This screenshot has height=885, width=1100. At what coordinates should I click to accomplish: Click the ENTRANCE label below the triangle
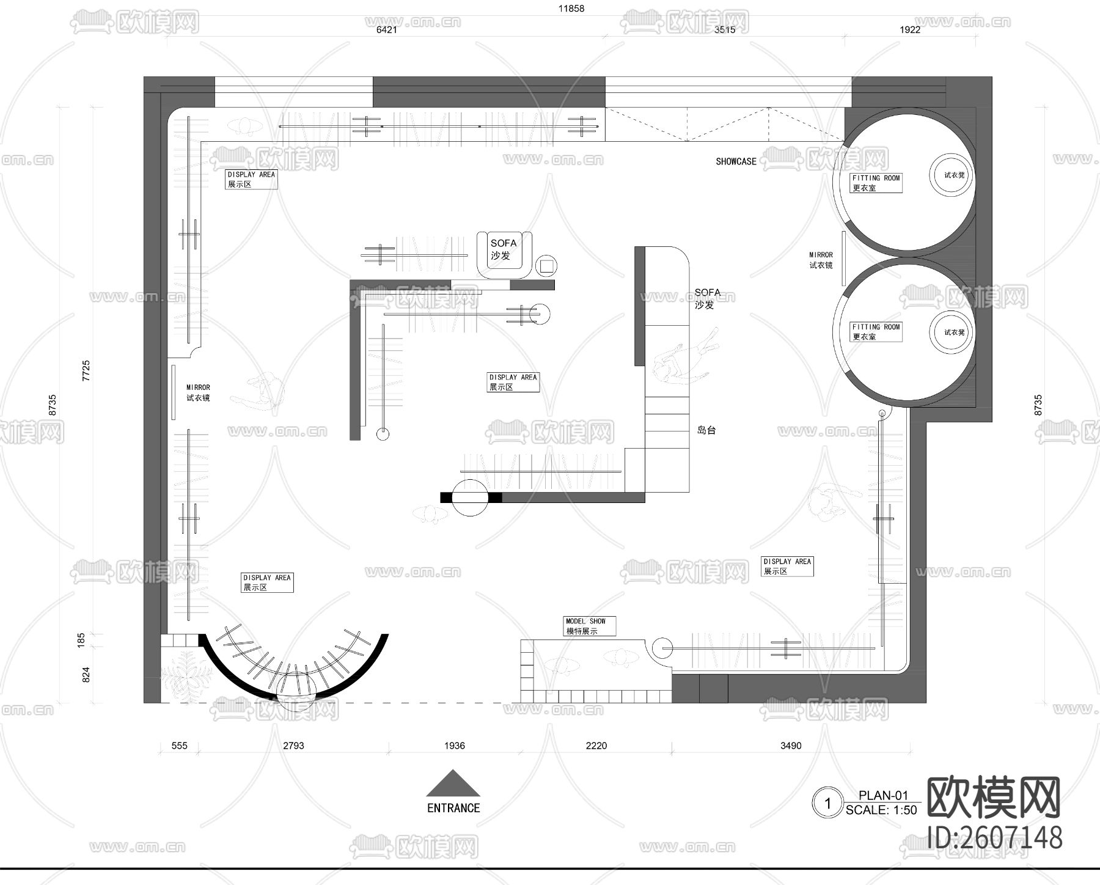click(453, 808)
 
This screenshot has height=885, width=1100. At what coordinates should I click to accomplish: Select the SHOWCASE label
click(736, 161)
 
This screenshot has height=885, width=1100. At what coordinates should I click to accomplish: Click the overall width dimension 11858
click(571, 9)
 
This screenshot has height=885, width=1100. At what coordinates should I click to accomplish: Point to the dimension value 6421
click(386, 29)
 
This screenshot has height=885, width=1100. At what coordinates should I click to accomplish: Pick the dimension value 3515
click(725, 29)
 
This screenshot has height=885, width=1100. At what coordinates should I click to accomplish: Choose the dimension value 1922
click(910, 29)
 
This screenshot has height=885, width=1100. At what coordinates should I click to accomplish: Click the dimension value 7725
click(86, 371)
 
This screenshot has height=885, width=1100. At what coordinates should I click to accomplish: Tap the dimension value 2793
click(293, 746)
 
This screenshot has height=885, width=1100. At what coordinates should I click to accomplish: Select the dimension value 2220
click(596, 746)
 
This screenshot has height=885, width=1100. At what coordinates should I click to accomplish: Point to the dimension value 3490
click(791, 746)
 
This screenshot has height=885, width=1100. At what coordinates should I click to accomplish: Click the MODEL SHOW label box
click(590, 626)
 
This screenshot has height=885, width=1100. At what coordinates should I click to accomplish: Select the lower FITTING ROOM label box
click(876, 332)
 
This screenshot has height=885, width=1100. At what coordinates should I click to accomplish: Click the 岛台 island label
click(706, 430)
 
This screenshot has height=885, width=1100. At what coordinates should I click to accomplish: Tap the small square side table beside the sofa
click(546, 266)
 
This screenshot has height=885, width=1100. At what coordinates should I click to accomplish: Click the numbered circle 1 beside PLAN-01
click(828, 802)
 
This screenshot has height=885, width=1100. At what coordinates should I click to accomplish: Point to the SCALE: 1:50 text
click(881, 810)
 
